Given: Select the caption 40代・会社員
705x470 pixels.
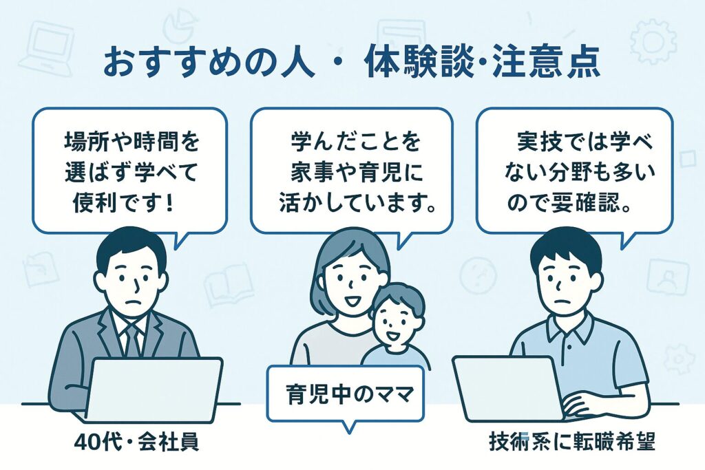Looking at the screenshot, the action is (x=136, y=442).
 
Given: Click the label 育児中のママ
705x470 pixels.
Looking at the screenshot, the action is (x=349, y=395).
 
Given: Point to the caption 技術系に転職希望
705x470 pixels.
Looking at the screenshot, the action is (x=572, y=442).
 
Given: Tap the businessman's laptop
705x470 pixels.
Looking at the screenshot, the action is (x=154, y=389).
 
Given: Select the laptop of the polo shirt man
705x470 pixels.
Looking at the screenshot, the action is (x=508, y=388).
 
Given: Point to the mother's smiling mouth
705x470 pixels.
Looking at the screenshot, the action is (x=352, y=299).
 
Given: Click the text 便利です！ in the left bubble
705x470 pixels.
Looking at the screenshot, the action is (x=123, y=204).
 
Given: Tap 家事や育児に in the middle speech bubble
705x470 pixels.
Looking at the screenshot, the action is (x=350, y=173).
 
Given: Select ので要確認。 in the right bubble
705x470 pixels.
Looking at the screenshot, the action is (x=568, y=204).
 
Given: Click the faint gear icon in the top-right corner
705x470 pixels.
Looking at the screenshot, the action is (x=653, y=41).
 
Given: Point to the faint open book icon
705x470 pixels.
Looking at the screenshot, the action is (x=228, y=284).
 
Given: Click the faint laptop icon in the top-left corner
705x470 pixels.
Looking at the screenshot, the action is (x=50, y=47).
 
